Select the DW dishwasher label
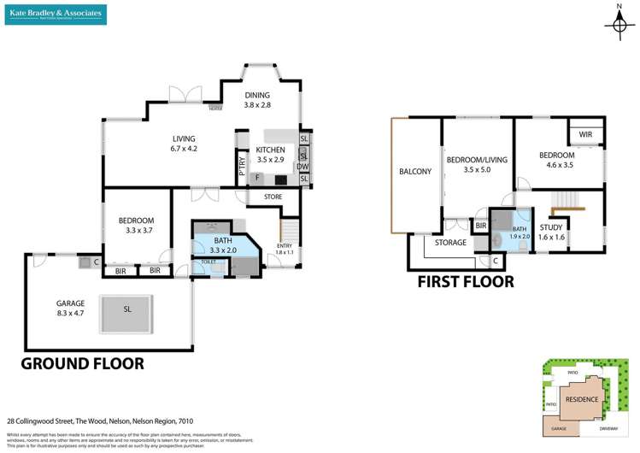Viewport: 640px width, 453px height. tap(302, 167)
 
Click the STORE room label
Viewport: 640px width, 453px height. tap(273, 197)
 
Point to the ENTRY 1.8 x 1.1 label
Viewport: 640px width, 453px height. tap(284, 249)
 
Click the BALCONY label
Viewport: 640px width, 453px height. tap(415, 172)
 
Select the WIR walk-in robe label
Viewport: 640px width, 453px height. tap(585, 134)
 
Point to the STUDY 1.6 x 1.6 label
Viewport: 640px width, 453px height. tap(552, 231)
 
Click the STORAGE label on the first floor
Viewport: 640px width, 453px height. tap(450, 243)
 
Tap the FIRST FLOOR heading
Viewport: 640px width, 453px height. tap(465, 280)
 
